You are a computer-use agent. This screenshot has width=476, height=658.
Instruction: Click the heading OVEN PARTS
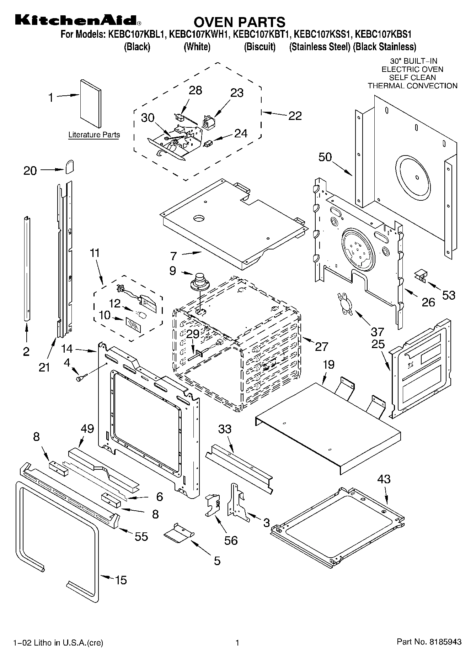point(239,22)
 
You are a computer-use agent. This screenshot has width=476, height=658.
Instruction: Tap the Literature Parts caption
point(94,135)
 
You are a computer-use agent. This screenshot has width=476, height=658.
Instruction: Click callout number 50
point(325,157)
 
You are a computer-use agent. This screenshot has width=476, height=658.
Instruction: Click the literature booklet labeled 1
point(90,103)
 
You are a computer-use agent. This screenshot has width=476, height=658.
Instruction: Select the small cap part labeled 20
point(70,166)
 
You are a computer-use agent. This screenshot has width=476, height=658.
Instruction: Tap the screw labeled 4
point(80,379)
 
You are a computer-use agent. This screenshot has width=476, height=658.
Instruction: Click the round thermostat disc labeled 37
point(345,303)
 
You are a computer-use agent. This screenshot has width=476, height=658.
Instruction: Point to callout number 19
point(329,364)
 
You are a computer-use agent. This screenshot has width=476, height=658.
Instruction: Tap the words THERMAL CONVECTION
point(412,86)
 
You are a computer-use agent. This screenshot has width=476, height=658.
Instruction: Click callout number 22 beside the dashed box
point(295,116)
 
